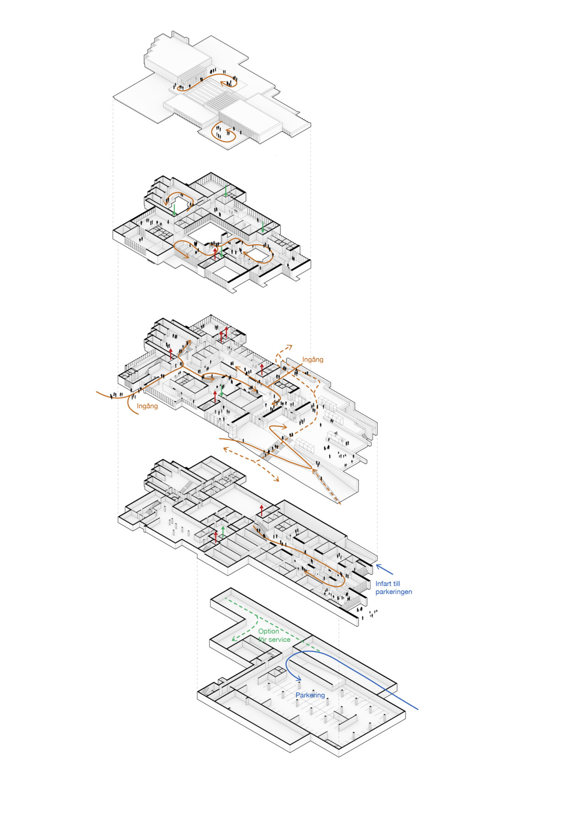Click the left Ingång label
click(x=147, y=406)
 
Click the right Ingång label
click(x=313, y=360)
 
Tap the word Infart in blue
click(x=383, y=583)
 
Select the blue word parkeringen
click(x=394, y=592)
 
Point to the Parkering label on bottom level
click(x=310, y=695)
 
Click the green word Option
click(x=269, y=631)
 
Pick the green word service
click(x=280, y=640)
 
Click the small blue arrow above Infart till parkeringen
click(x=384, y=570)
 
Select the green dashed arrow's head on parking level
click(x=234, y=638)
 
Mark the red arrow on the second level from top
click(x=216, y=254)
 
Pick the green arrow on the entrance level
click(x=222, y=391)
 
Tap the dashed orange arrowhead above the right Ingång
click(x=289, y=347)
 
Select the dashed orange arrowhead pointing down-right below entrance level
click(x=276, y=479)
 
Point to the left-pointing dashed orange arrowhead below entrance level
click(x=226, y=449)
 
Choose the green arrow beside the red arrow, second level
click(x=222, y=252)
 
